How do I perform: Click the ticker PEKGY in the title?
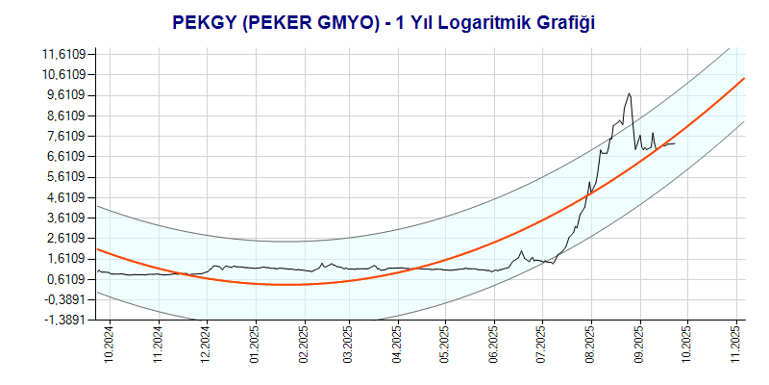point(205,20)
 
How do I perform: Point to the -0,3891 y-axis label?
point(64,299)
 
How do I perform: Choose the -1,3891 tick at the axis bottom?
point(64,320)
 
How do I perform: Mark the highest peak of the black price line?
point(628,93)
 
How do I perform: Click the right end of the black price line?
point(676,143)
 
